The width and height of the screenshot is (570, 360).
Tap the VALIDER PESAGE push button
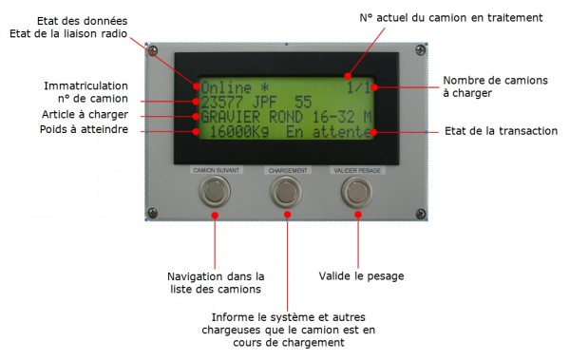click(x=356, y=193)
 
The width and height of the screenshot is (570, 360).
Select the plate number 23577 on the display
click(x=219, y=100)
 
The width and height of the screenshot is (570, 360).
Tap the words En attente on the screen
click(x=328, y=133)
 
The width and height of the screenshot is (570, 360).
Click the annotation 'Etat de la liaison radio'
click(x=67, y=35)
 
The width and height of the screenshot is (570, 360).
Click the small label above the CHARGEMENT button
click(x=287, y=171)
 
